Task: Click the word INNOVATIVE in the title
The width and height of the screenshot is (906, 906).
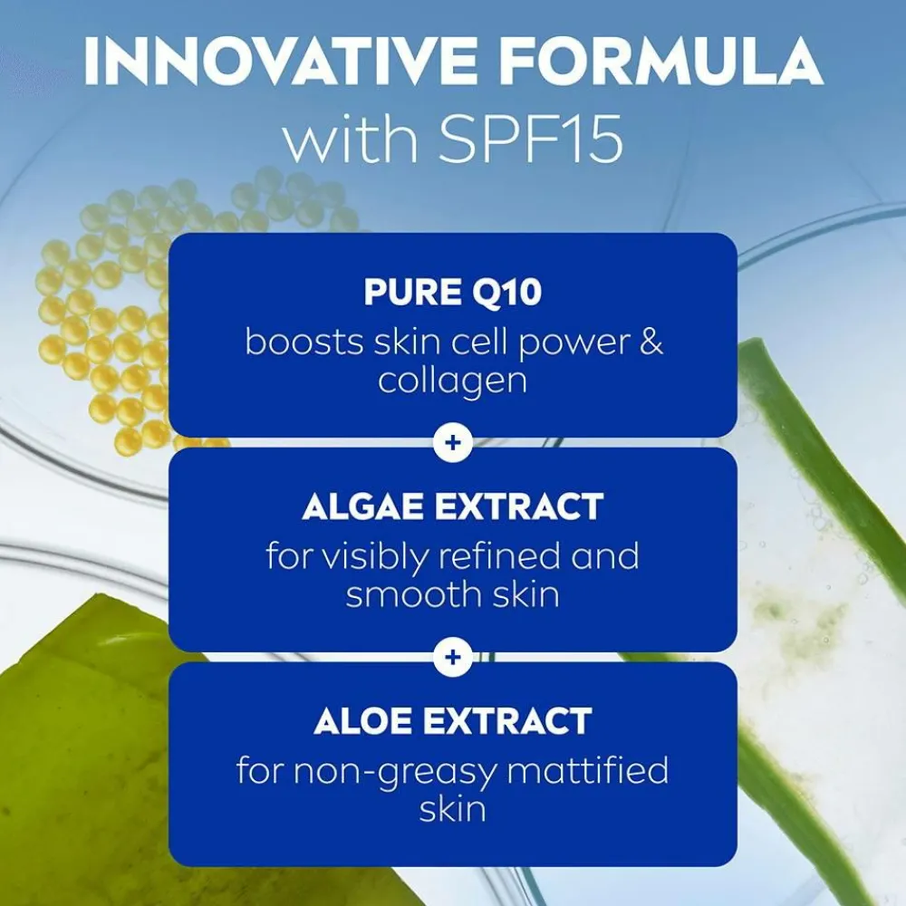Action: [280, 61]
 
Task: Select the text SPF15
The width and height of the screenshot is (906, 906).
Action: [530, 140]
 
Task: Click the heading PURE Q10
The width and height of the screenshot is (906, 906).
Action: [453, 292]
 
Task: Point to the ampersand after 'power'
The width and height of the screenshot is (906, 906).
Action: [651, 342]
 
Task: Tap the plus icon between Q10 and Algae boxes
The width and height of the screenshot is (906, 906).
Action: [453, 443]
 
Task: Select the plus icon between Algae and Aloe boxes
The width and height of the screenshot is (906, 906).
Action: [453, 657]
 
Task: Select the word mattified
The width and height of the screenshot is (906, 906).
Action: [588, 770]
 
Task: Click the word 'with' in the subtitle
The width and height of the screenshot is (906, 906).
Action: [351, 140]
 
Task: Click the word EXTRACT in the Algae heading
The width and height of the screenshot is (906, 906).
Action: [519, 506]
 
